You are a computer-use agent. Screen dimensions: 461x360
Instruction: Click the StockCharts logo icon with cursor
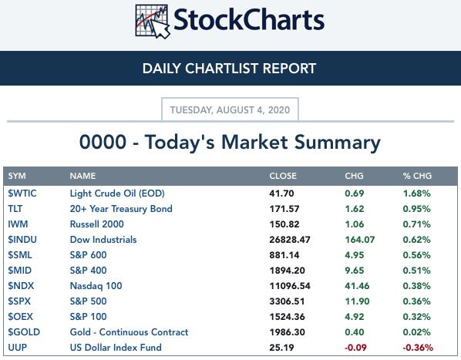point(153,22)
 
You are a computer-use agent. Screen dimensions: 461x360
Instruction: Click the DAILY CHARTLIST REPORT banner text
point(229,69)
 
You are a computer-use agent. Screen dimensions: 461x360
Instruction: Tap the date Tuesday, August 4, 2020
point(230,110)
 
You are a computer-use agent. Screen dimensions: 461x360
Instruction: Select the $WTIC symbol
point(22,193)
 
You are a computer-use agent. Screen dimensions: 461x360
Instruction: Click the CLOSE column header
point(283,176)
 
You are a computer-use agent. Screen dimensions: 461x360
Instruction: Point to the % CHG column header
point(417,176)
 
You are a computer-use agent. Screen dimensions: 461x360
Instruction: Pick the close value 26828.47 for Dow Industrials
point(290,240)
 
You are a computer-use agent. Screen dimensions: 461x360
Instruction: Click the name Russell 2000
point(96,224)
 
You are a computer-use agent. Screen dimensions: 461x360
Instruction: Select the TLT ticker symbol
point(15,209)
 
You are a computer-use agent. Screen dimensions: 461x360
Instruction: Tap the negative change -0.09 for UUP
point(355,348)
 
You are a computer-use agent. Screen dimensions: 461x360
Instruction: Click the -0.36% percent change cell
point(418,348)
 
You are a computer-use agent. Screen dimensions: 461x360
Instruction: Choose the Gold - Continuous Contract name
point(129,332)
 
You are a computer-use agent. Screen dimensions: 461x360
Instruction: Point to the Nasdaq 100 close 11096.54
point(290,286)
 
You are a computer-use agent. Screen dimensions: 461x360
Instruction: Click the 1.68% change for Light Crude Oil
point(416,193)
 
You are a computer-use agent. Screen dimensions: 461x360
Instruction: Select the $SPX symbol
point(19,301)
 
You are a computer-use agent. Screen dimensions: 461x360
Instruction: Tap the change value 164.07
point(360,240)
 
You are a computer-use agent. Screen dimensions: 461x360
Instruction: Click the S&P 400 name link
point(88,271)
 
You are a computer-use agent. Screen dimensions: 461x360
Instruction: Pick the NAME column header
point(82,176)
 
